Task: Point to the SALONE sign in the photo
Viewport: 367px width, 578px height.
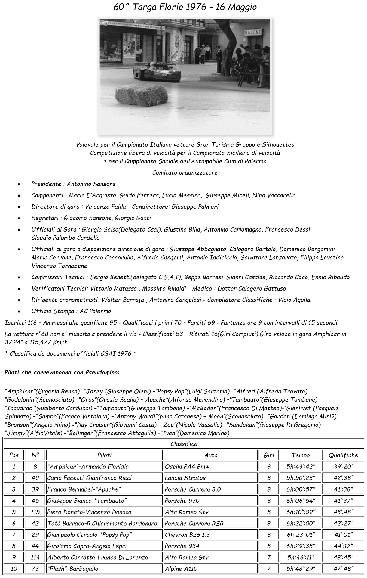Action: pos(253,32)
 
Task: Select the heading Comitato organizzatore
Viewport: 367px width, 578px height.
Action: pos(185,173)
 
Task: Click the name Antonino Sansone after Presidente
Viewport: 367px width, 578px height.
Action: pos(91,184)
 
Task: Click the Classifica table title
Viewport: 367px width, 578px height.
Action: pos(184,444)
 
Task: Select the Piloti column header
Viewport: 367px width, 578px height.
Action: pos(104,455)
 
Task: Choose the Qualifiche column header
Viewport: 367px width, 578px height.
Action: pos(343,455)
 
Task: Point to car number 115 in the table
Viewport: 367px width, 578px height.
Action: pos(35,512)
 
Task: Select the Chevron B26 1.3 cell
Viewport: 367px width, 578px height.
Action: pos(187,535)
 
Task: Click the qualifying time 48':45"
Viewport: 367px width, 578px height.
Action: pos(343,557)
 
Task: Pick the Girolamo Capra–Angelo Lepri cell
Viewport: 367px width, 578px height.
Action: pos(87,546)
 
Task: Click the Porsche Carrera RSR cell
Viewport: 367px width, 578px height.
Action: pos(194,523)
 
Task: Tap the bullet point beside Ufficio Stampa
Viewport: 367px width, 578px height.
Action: pos(19,311)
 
